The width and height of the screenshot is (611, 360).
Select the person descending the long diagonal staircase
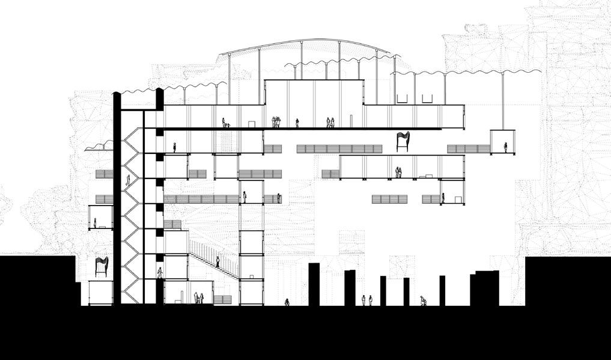(217, 261)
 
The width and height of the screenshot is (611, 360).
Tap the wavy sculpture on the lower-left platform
(102, 266)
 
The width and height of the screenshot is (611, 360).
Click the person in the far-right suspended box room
(505, 147)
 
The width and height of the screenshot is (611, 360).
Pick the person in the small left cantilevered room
(95, 223)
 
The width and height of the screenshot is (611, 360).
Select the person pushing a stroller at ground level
(423, 301)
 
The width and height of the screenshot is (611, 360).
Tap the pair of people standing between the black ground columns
(366, 300)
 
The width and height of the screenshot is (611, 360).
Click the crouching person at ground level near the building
(287, 302)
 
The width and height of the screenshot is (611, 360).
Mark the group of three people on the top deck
(276, 122)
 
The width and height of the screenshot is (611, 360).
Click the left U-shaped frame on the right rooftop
(402, 98)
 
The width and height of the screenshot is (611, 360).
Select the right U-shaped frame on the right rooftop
(427, 98)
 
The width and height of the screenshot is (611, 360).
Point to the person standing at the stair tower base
(160, 273)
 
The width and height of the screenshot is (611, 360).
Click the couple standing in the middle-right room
(398, 173)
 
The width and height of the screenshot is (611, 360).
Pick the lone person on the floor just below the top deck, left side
(175, 147)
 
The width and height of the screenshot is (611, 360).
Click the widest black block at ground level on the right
(485, 288)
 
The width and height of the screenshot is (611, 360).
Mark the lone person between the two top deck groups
(297, 123)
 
